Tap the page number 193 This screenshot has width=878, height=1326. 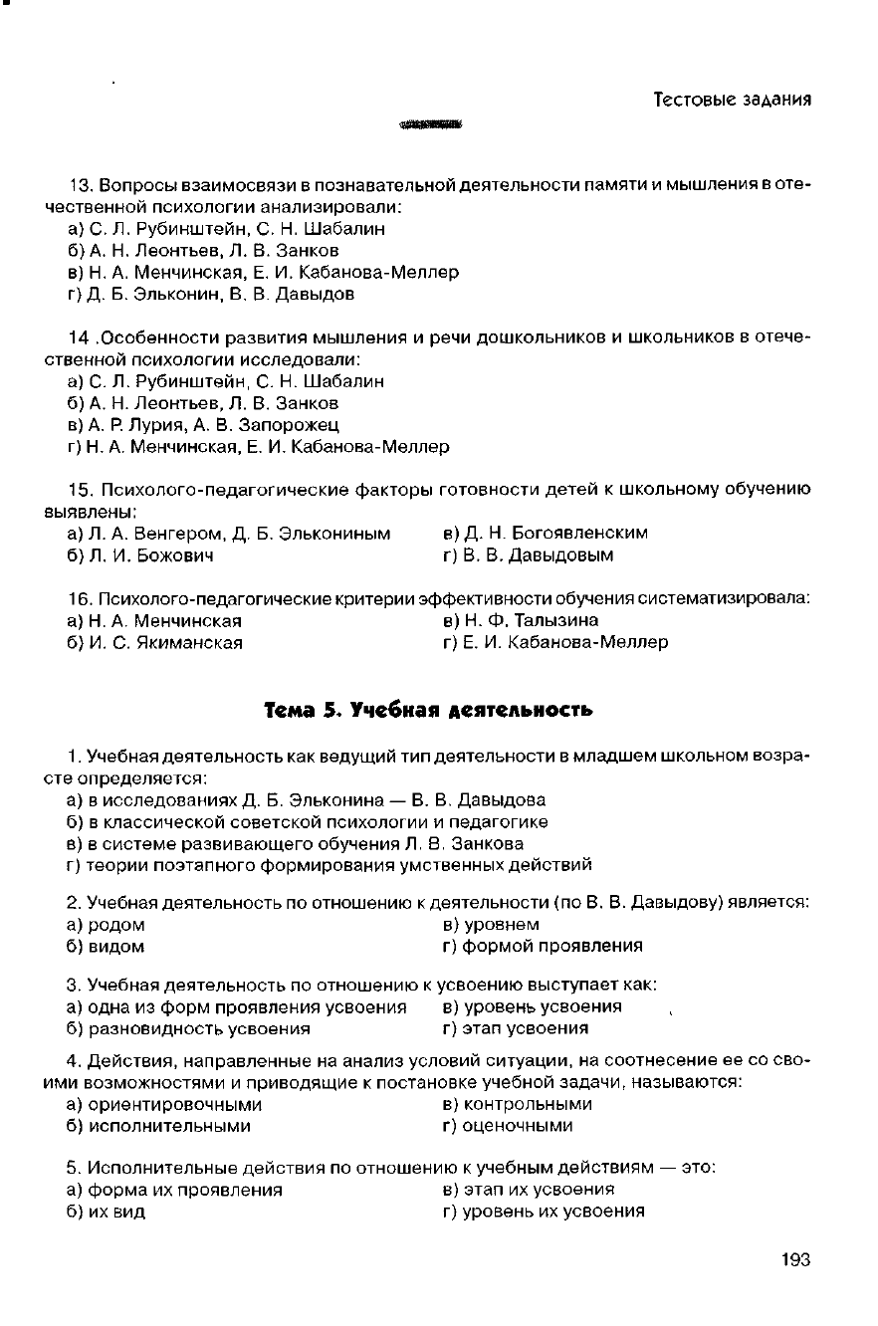click(x=795, y=1259)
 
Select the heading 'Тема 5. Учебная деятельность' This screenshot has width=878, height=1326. click(x=428, y=709)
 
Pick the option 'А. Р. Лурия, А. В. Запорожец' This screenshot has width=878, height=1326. click(x=203, y=425)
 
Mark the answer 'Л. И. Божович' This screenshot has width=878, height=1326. click(x=140, y=554)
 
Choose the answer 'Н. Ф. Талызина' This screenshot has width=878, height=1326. click(x=520, y=620)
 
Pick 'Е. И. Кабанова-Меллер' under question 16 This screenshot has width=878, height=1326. click(x=554, y=642)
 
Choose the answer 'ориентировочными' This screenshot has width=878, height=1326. click(x=164, y=1104)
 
